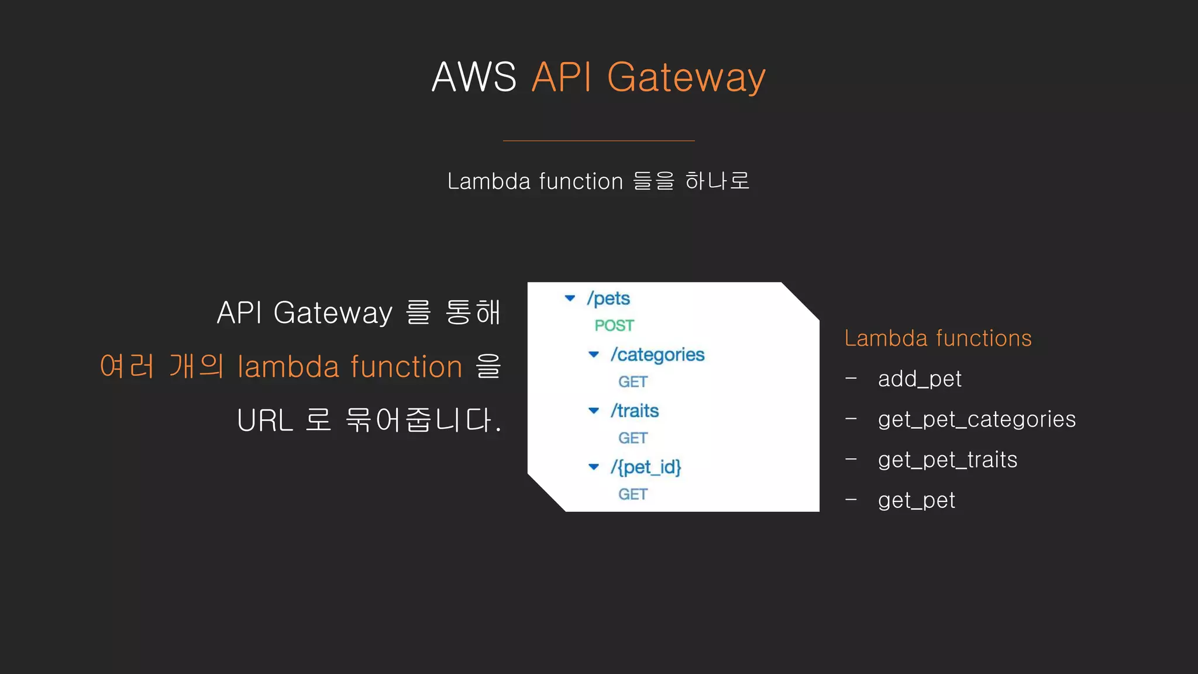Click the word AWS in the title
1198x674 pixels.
coord(474,77)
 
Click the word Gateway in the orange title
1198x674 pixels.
coord(686,77)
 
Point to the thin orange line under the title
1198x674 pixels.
coord(598,141)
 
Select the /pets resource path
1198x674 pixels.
coord(608,298)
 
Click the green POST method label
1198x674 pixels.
coord(614,325)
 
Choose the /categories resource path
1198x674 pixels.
coord(657,355)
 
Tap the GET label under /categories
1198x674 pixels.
coord(633,382)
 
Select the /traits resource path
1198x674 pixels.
coord(635,411)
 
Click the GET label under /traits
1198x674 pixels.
coord(633,438)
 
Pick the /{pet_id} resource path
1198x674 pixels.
coord(646,467)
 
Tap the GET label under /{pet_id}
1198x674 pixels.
coord(633,494)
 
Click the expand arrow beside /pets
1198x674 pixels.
coord(570,298)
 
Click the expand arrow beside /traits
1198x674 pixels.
coord(594,411)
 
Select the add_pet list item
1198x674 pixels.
coord(920,379)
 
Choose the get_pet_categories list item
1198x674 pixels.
coord(976,419)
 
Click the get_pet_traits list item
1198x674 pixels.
coord(948,460)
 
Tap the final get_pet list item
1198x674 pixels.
coord(917,500)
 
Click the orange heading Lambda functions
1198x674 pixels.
coord(938,338)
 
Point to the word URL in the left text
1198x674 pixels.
coord(265,421)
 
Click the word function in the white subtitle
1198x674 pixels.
coord(581,181)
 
